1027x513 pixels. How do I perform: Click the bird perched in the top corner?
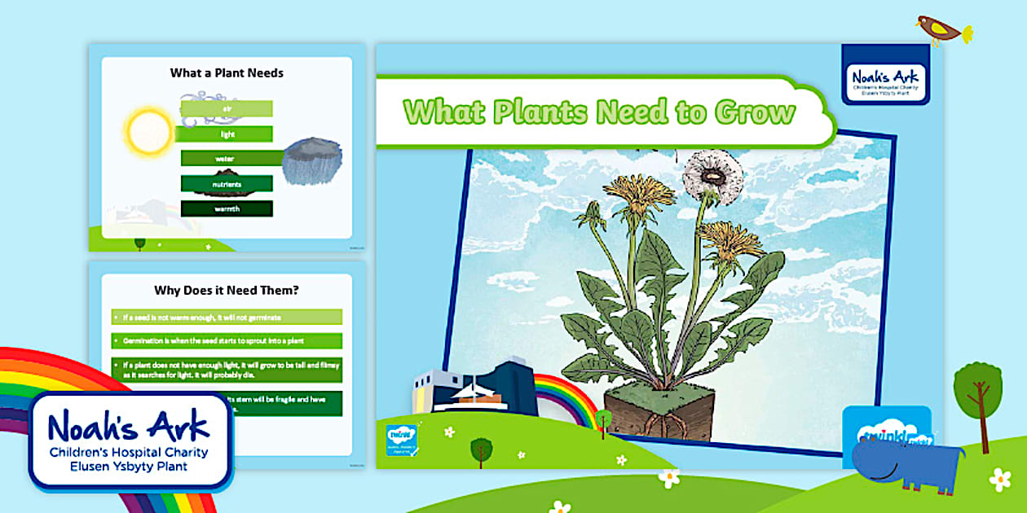tap(942, 29)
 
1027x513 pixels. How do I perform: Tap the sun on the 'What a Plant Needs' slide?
tap(148, 129)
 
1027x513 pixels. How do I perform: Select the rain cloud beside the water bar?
tap(311, 161)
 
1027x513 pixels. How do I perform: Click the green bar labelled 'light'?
tap(227, 134)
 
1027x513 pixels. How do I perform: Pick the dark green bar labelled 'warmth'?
tap(227, 208)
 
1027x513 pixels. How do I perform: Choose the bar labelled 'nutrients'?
tap(227, 184)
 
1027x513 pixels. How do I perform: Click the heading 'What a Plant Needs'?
tap(227, 72)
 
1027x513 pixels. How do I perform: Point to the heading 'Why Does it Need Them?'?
tap(227, 289)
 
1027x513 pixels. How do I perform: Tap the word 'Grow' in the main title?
tap(755, 112)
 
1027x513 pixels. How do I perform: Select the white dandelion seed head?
tap(712, 173)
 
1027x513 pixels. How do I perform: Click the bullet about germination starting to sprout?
tap(227, 340)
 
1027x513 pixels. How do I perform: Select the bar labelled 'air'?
tap(227, 108)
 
